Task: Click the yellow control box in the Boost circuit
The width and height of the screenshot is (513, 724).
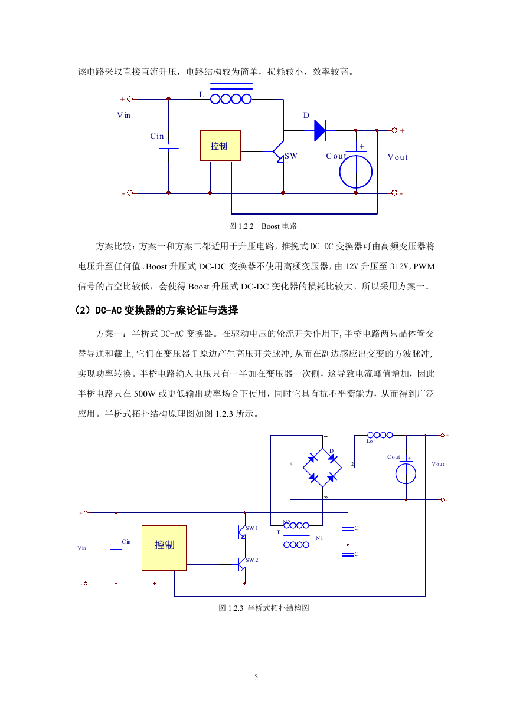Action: (220, 146)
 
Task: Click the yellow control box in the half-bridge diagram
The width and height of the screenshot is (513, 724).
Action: (164, 548)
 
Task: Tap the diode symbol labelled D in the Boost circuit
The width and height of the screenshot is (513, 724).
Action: (321, 130)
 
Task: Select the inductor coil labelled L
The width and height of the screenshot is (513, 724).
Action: (231, 99)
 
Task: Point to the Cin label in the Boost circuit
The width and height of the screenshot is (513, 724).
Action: (157, 136)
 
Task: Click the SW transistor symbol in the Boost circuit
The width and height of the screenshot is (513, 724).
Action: (277, 152)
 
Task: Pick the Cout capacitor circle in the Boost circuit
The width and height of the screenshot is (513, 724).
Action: (356, 172)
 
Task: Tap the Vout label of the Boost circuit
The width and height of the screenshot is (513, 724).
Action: (398, 157)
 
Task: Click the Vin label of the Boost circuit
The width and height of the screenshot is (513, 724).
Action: (123, 116)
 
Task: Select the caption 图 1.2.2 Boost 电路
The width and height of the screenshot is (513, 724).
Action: (263, 226)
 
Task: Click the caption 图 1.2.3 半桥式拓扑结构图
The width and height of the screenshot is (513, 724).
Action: (264, 608)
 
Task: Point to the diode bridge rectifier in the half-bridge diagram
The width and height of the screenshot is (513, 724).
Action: (322, 468)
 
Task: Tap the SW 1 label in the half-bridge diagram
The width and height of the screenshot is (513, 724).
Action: (252, 528)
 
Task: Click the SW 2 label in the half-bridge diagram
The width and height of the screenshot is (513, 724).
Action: (252, 560)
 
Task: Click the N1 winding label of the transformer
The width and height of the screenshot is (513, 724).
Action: (319, 538)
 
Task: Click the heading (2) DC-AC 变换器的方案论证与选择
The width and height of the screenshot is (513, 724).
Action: (156, 310)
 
